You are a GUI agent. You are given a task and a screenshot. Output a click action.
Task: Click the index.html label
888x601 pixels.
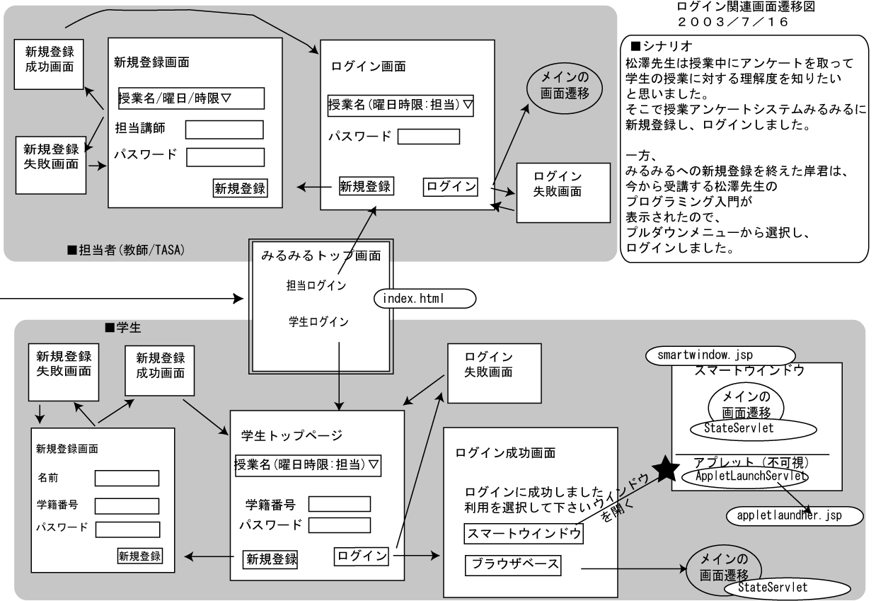pos(425,299)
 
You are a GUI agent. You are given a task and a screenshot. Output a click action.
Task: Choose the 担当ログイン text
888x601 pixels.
pos(316,285)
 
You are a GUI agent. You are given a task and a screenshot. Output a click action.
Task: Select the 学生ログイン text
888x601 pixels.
pos(318,323)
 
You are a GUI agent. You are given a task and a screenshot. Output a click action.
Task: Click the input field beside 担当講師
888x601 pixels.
pos(224,130)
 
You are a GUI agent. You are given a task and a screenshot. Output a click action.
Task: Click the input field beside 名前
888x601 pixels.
pos(127,479)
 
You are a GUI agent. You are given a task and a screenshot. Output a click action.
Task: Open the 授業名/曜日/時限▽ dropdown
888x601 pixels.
pos(190,98)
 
